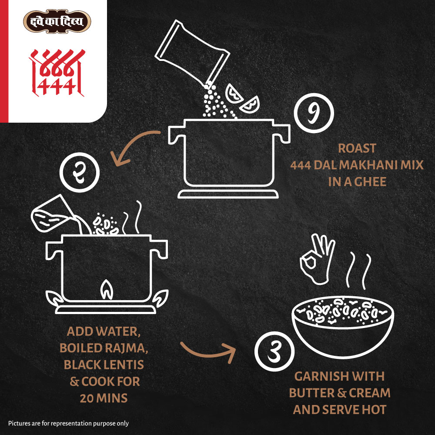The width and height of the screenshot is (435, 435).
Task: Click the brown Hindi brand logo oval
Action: point(57,21)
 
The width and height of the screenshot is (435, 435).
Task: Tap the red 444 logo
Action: point(57,73)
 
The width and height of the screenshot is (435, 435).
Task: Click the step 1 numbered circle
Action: point(314,113)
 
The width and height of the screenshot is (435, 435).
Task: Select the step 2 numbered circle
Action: point(80,172)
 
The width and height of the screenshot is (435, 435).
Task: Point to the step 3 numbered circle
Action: point(274,351)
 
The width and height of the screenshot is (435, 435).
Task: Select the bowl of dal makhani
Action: point(343,327)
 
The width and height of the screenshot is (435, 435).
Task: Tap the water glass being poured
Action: point(53,213)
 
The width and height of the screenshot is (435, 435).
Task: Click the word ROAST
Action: point(357,148)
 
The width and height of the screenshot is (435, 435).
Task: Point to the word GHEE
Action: point(370,182)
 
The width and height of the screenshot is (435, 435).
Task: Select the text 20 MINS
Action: point(104,398)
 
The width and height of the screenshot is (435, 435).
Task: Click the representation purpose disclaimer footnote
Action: point(69,423)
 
